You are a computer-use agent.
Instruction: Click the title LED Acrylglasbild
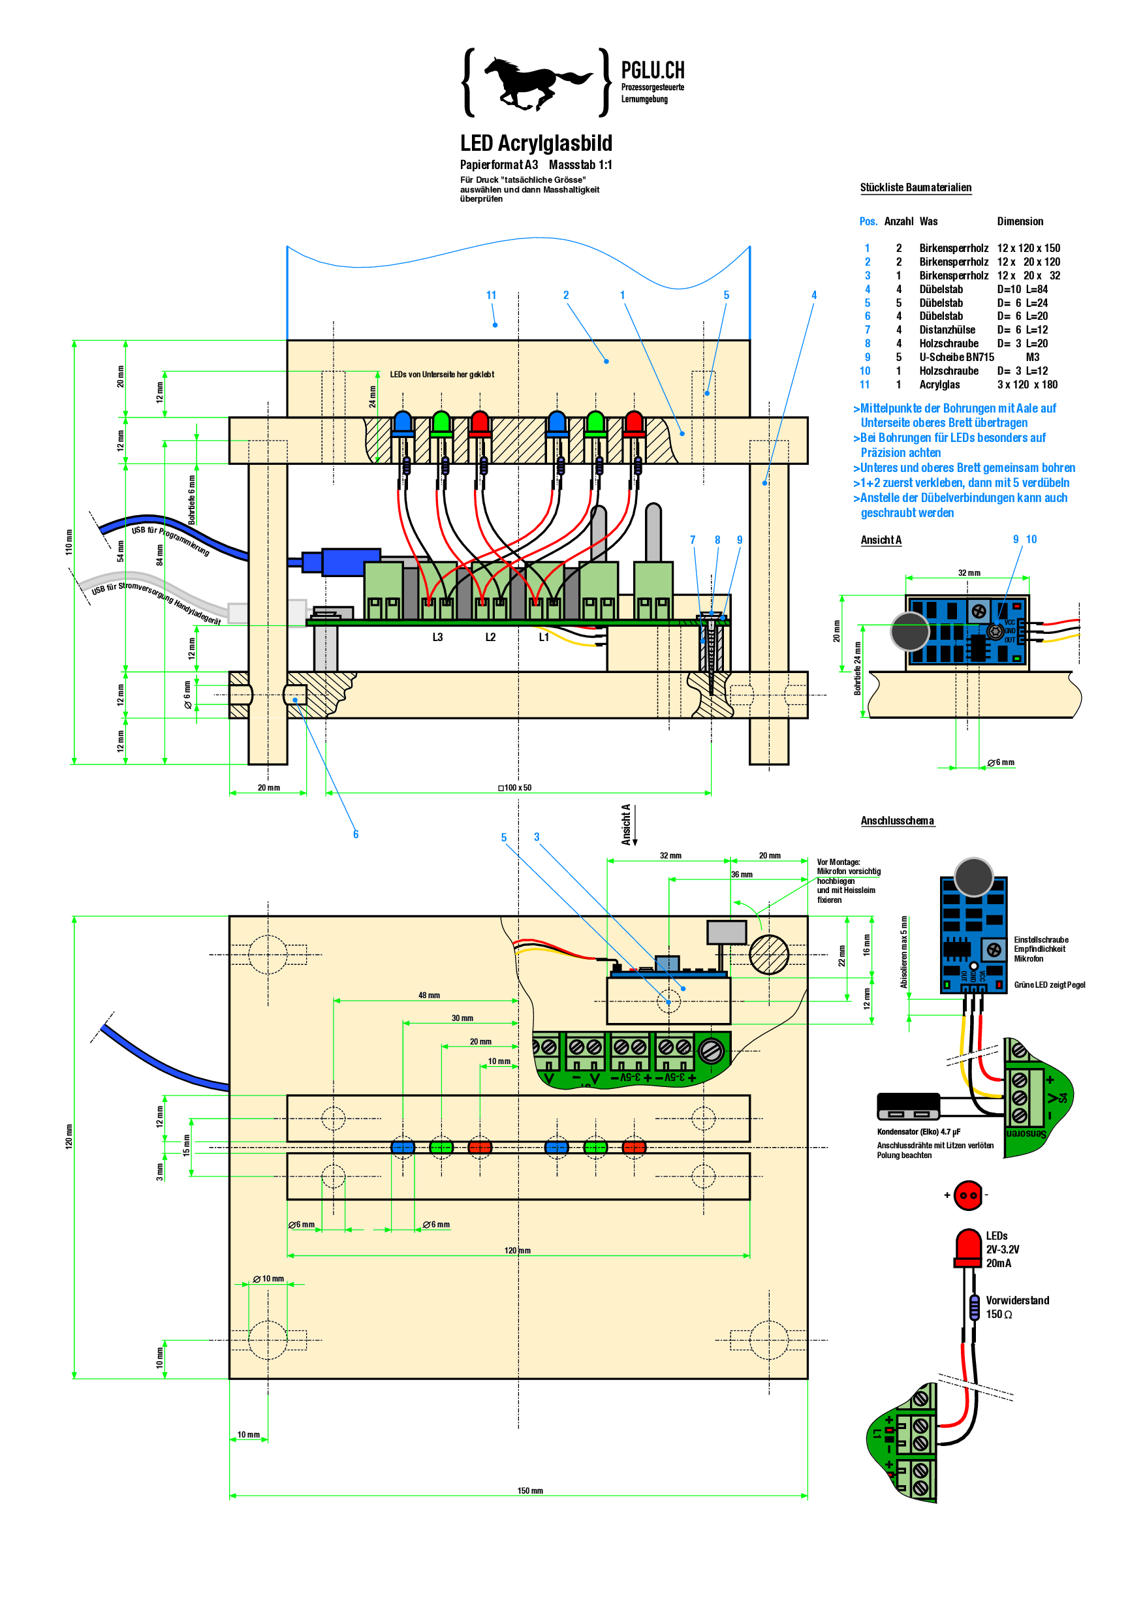[536, 143]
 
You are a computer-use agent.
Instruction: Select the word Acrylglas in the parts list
[939, 385]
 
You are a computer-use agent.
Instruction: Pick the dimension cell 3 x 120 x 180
[1027, 385]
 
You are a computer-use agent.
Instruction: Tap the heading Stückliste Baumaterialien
[915, 187]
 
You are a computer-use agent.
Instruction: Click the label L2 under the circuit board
[490, 637]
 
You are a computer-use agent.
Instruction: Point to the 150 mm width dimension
[530, 1490]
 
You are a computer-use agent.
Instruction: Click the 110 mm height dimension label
[69, 542]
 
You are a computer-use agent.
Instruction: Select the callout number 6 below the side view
[356, 834]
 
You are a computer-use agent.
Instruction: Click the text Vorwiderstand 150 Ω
[1016, 1306]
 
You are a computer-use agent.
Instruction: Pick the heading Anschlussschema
[897, 821]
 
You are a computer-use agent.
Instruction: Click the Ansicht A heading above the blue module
[881, 540]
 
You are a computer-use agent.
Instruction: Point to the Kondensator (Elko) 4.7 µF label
[918, 1132]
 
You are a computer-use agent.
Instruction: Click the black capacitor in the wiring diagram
[908, 1107]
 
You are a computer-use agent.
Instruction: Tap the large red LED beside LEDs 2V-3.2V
[968, 1247]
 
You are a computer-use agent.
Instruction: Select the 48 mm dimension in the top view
[429, 995]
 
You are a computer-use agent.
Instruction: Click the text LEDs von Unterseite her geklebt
[442, 375]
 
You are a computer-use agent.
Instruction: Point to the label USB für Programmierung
[170, 541]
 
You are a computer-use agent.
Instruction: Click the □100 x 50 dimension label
[516, 788]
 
